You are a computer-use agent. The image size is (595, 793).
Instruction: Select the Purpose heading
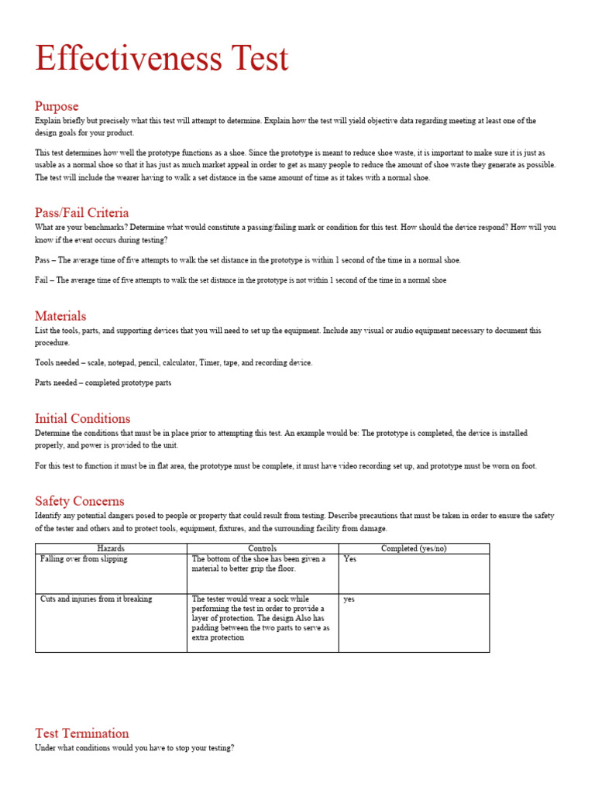click(x=57, y=106)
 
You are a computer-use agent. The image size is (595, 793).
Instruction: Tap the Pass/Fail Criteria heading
click(x=81, y=212)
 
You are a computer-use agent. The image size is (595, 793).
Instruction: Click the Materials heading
click(x=60, y=316)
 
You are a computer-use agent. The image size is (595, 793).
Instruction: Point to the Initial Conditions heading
click(x=82, y=419)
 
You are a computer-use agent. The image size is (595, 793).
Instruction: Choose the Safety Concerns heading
click(x=79, y=501)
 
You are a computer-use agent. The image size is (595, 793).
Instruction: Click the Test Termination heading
click(x=81, y=733)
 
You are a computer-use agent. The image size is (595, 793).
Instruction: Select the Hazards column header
click(x=111, y=548)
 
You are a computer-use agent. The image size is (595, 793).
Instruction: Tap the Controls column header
click(x=263, y=548)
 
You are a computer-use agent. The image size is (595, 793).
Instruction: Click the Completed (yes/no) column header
click(x=414, y=548)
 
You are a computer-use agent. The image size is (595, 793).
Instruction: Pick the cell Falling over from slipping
click(x=84, y=559)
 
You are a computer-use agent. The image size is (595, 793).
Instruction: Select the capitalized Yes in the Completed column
click(x=349, y=559)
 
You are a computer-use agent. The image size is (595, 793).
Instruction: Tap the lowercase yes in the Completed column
click(x=349, y=599)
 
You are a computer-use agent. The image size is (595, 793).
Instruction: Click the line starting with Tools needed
click(x=174, y=362)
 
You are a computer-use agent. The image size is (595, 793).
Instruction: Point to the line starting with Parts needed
click(x=103, y=383)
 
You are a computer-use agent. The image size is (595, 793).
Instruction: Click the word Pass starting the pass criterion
click(x=42, y=260)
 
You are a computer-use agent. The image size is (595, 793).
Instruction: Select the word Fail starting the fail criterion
click(x=41, y=280)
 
